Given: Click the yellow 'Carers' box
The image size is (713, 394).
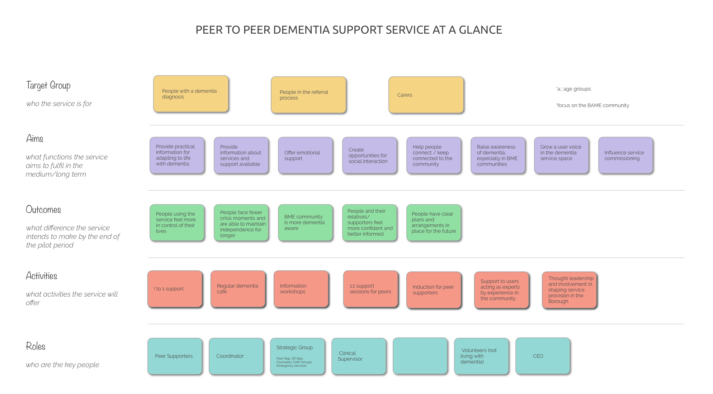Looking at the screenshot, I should click(426, 95).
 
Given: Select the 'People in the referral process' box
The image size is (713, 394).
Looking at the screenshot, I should click(308, 95).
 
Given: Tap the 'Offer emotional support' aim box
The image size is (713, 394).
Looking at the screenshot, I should click(305, 155).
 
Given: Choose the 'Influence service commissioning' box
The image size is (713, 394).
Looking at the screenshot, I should click(625, 155).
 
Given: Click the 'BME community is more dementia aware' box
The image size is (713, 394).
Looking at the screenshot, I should click(305, 222).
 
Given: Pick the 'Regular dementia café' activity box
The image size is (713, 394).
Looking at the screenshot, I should click(238, 289).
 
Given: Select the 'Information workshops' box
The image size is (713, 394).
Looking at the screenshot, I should click(301, 289).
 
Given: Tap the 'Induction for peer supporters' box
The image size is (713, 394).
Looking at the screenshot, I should click(434, 290).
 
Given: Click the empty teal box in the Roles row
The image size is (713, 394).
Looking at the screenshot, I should click(420, 356).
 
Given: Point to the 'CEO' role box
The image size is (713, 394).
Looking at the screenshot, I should click(543, 356).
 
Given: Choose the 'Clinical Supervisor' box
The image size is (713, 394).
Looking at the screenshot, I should click(359, 356).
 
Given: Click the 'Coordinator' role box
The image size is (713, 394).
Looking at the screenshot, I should click(236, 356).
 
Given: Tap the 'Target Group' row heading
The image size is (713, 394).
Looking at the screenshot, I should click(48, 85).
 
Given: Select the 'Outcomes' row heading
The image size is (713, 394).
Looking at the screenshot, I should click(43, 210).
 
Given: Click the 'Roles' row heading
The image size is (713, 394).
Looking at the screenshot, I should click(36, 346).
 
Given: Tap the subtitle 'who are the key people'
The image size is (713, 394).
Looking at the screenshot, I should click(62, 365).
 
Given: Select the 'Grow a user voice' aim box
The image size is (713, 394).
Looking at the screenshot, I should click(561, 155).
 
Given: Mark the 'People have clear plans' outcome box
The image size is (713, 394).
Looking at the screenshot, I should click(434, 222).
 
